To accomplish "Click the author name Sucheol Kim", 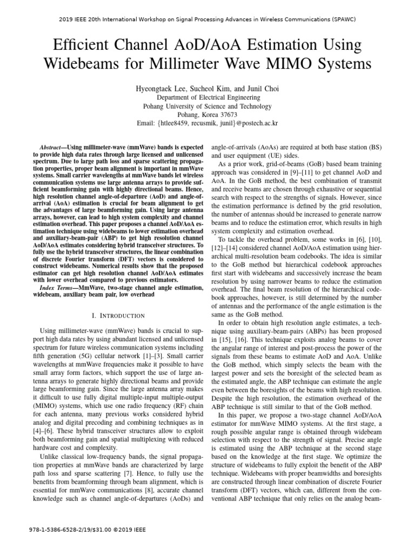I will [211, 88].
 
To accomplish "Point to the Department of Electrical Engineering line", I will [208, 97].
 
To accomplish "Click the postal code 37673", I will [227, 115].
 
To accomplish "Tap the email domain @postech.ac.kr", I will [257, 124].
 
